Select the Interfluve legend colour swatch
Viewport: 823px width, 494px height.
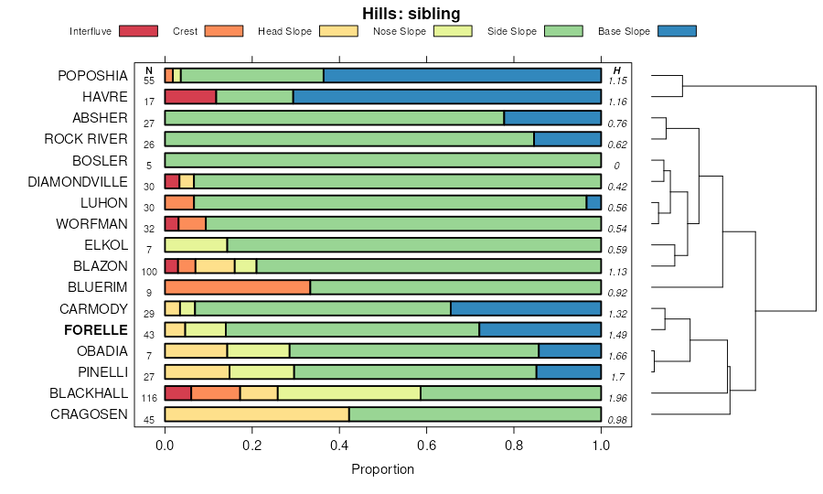[138, 31]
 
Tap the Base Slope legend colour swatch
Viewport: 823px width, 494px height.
[677, 31]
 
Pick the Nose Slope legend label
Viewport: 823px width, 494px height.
[400, 31]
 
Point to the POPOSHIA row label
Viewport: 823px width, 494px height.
[92, 75]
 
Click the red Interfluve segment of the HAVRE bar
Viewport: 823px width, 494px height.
[190, 96]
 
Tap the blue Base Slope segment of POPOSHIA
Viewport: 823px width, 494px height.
[462, 75]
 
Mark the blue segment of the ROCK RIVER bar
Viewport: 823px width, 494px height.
[567, 139]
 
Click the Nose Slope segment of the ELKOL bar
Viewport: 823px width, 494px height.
[196, 245]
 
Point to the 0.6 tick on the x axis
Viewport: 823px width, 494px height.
[426, 445]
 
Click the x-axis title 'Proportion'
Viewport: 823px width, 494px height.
[382, 469]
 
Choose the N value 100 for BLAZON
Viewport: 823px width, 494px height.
[149, 272]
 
